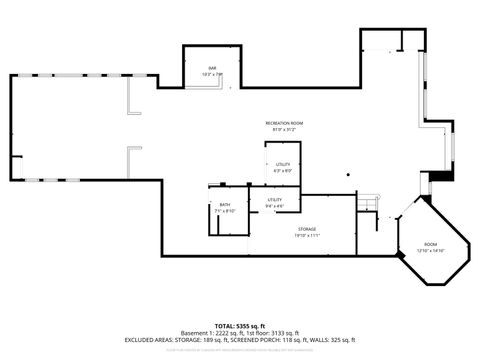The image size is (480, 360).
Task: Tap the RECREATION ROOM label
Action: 284,122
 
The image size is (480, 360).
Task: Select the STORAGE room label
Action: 307,229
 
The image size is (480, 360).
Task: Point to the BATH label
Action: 225,205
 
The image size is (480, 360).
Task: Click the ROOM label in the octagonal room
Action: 430,244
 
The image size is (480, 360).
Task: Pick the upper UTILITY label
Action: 283,164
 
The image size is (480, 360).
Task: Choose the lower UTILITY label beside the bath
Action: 275,200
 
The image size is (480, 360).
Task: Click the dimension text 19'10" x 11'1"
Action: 307,236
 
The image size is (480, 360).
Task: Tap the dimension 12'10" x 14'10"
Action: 430,250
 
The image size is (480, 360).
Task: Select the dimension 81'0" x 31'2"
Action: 284,129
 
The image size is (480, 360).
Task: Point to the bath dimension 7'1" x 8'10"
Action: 225,211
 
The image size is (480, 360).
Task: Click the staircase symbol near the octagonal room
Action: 370,204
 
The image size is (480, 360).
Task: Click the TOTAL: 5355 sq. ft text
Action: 239,326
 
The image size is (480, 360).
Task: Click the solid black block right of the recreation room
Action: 434,178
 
